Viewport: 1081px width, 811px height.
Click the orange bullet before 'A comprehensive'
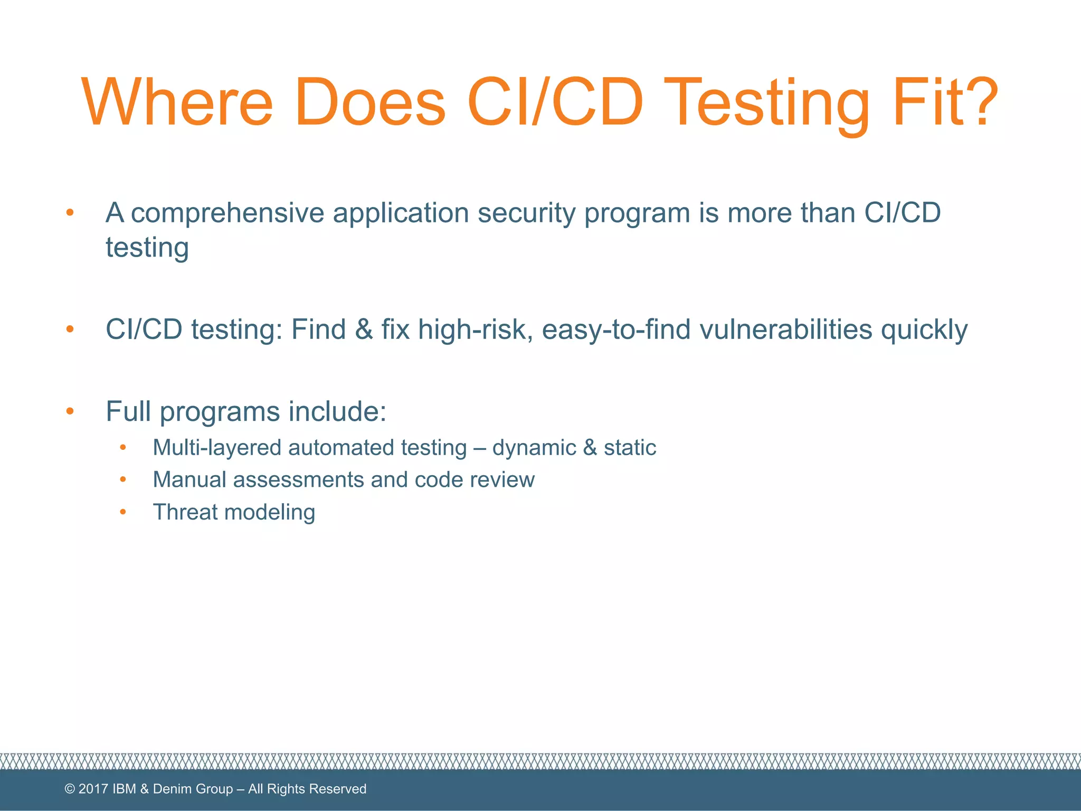click(70, 213)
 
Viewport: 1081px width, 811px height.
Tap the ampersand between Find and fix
click(364, 329)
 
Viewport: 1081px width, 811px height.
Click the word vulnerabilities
click(785, 329)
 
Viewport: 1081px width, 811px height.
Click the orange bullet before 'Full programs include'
click(70, 411)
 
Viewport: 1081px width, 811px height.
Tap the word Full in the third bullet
click(128, 411)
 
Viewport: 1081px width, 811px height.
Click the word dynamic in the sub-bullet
click(534, 448)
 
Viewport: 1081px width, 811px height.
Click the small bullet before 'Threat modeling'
click(123, 512)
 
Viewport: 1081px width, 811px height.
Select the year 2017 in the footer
click(93, 789)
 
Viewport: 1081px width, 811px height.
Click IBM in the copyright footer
click(125, 789)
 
